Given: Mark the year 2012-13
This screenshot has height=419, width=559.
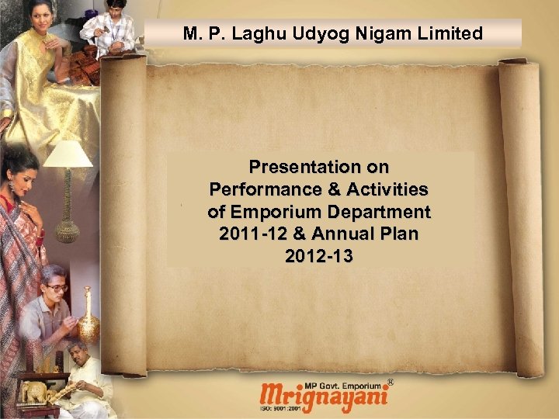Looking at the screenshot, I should click(319, 256).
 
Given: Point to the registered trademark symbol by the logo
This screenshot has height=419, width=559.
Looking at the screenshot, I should click(390, 383).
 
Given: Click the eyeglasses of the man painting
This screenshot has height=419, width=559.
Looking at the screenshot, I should click(56, 286).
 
